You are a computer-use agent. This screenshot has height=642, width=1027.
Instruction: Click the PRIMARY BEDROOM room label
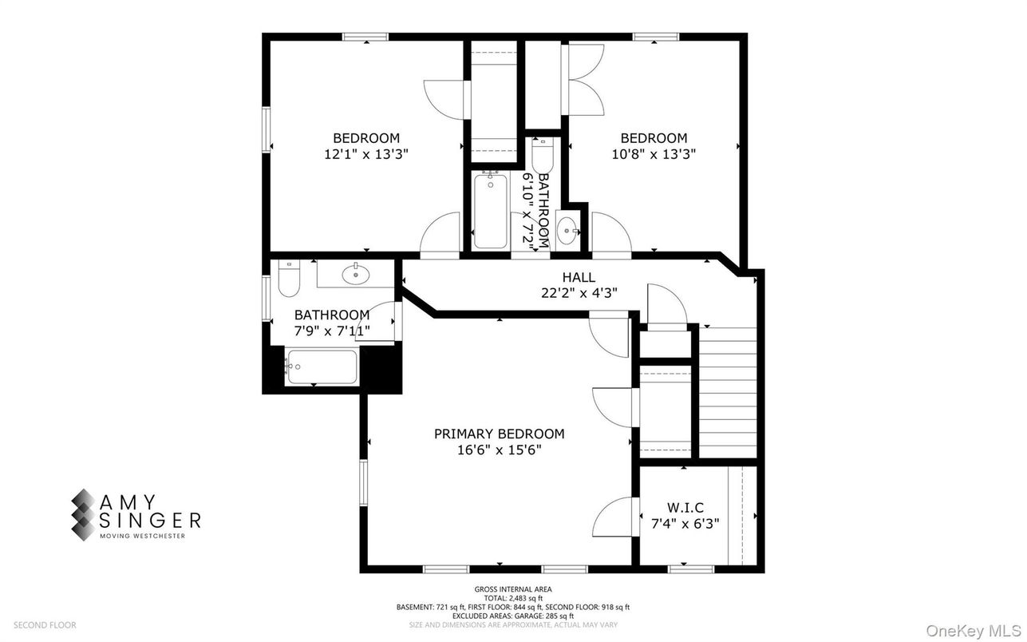tap(499, 434)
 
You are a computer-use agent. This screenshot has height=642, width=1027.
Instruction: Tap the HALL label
tap(579, 277)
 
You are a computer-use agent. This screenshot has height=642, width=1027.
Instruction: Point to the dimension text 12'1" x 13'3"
tap(365, 154)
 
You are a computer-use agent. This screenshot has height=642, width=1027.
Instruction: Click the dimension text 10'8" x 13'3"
tap(654, 154)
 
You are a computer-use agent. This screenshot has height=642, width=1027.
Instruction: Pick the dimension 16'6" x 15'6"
tap(499, 450)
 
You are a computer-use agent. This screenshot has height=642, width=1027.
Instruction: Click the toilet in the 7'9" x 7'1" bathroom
tap(287, 279)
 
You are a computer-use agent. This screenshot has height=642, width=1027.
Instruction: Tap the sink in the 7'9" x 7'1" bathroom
tap(356, 275)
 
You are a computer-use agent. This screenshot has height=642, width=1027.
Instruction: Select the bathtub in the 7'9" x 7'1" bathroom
tap(321, 367)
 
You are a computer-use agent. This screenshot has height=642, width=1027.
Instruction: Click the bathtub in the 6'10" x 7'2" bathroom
tap(489, 211)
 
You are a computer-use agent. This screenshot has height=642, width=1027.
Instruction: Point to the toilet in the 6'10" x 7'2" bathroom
tap(542, 153)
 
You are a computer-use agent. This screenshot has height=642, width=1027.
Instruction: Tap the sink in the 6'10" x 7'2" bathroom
tap(568, 231)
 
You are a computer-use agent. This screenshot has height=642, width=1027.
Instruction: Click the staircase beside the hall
tap(728, 391)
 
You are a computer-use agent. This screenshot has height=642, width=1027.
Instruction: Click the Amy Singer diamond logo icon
tap(83, 515)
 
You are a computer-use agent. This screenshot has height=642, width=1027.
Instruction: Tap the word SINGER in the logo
tap(150, 521)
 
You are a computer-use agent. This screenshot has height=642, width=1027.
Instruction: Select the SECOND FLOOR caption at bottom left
tap(45, 625)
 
